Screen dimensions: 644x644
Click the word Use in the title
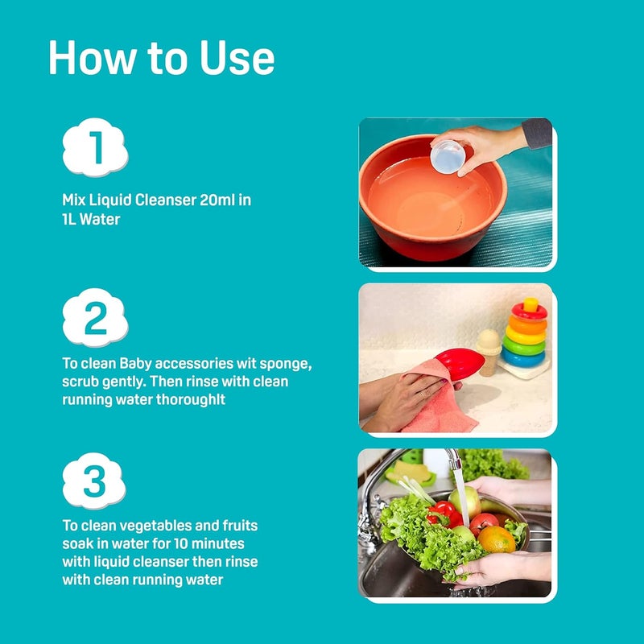[237, 57]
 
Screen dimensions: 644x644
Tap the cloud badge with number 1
[95, 147]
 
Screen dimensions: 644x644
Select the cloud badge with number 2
[95, 317]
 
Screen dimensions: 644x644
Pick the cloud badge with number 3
[94, 481]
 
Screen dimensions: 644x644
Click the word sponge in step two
[286, 365]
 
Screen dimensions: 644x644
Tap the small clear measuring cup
[448, 156]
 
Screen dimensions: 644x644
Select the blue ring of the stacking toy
[523, 357]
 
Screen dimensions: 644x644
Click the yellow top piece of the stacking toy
[530, 305]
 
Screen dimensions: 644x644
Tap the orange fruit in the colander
[496, 539]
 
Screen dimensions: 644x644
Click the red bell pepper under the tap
[444, 514]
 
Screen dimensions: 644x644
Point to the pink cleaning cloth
[436, 399]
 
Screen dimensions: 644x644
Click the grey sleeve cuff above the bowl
[536, 134]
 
